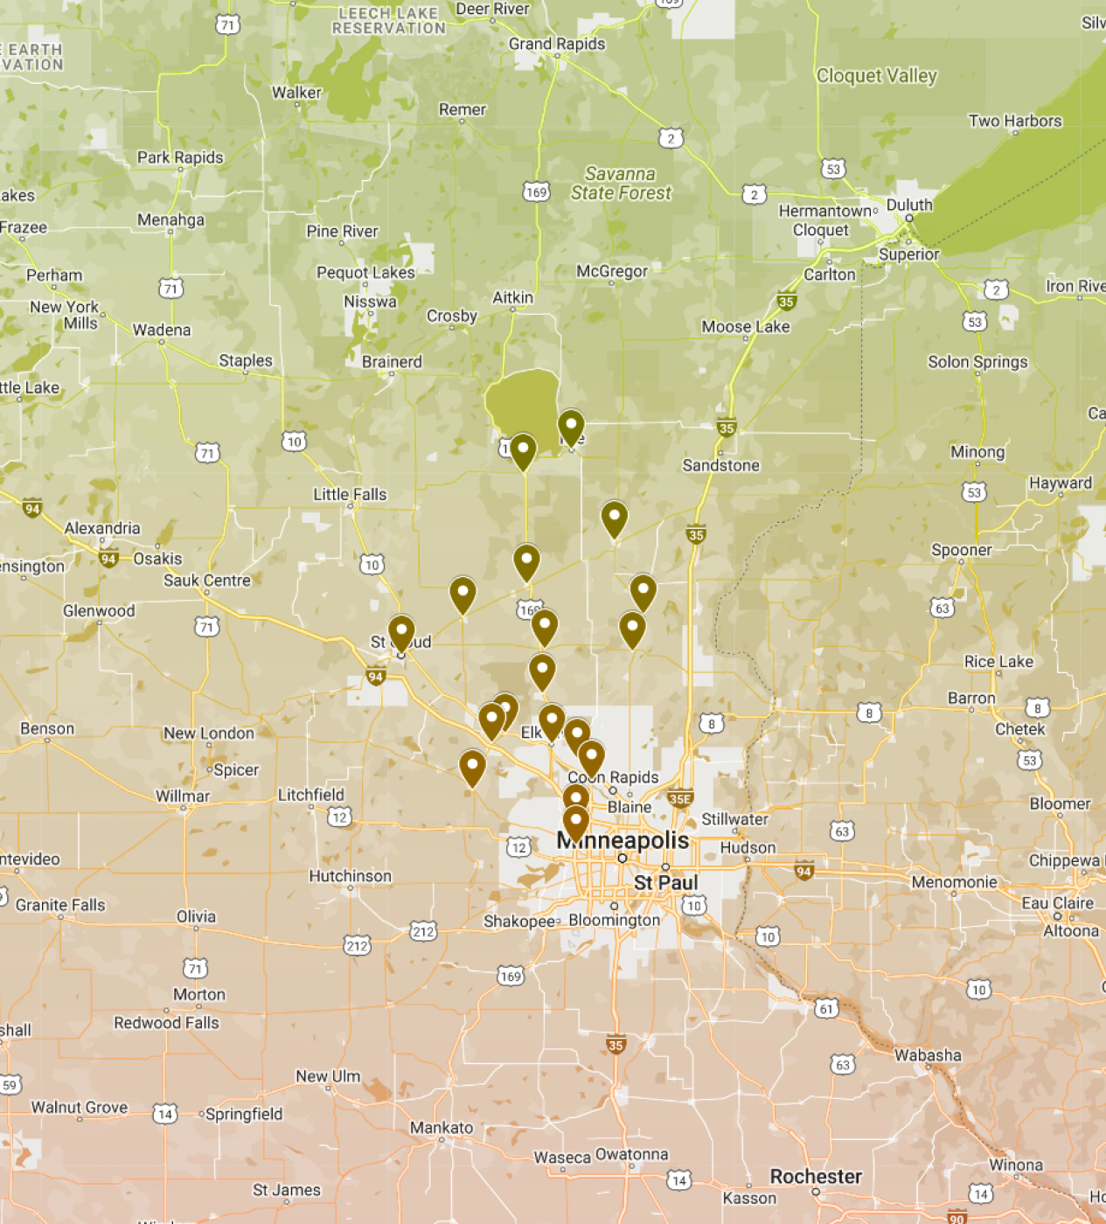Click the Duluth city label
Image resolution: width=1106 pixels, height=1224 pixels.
pos(909,205)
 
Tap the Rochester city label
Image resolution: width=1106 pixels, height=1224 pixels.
pos(816,1176)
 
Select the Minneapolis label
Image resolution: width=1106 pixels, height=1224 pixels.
pos(623,840)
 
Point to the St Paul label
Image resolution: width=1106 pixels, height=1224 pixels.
pos(665,882)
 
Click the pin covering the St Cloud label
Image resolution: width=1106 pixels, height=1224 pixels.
pos(401,631)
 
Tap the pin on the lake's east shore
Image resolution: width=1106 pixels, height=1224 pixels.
pos(571,427)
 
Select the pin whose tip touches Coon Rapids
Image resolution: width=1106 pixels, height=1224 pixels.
pos(591,756)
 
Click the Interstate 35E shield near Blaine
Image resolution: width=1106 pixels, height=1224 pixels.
pos(680,798)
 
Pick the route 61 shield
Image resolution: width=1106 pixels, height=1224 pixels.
pos(825,1008)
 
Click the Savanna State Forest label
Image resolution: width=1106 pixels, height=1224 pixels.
pos(621,184)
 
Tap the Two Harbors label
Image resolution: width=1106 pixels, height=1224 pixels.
pos(1014,121)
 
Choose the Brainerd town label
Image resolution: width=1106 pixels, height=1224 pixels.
pos(392,361)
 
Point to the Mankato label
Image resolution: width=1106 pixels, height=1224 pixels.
pos(442,1127)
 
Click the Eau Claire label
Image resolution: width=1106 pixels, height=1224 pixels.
pos(1057,902)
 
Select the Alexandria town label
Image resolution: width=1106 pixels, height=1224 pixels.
pos(102,528)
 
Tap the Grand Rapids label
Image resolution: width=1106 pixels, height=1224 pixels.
pos(557,44)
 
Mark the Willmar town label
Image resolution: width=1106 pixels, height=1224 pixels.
pos(183,796)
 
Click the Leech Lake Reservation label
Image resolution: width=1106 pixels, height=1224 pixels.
pos(388,20)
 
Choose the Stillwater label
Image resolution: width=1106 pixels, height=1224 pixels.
pos(734,819)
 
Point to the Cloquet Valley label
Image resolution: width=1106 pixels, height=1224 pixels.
pos(876,76)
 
